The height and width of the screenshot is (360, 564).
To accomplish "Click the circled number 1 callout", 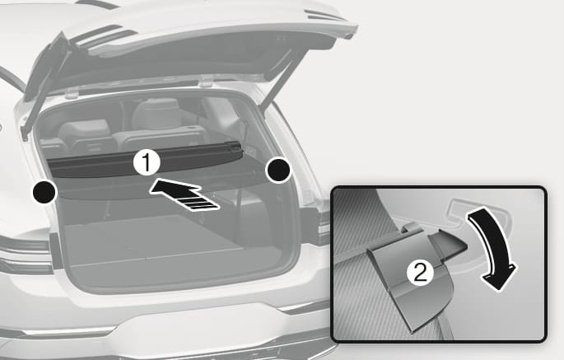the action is (x=147, y=163).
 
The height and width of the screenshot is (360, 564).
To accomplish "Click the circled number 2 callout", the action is (x=420, y=273).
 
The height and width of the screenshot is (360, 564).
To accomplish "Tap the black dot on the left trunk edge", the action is (x=44, y=191).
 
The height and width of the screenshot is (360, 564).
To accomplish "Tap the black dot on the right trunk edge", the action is (x=278, y=170).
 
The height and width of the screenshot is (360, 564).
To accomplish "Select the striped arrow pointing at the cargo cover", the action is (x=184, y=194).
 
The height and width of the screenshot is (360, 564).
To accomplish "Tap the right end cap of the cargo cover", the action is (x=235, y=147).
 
